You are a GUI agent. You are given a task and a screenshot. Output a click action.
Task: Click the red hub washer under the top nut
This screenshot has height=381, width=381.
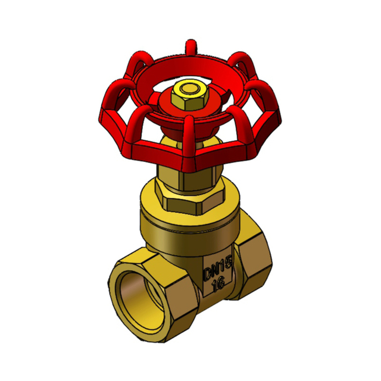pyautogui.click(x=189, y=103)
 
